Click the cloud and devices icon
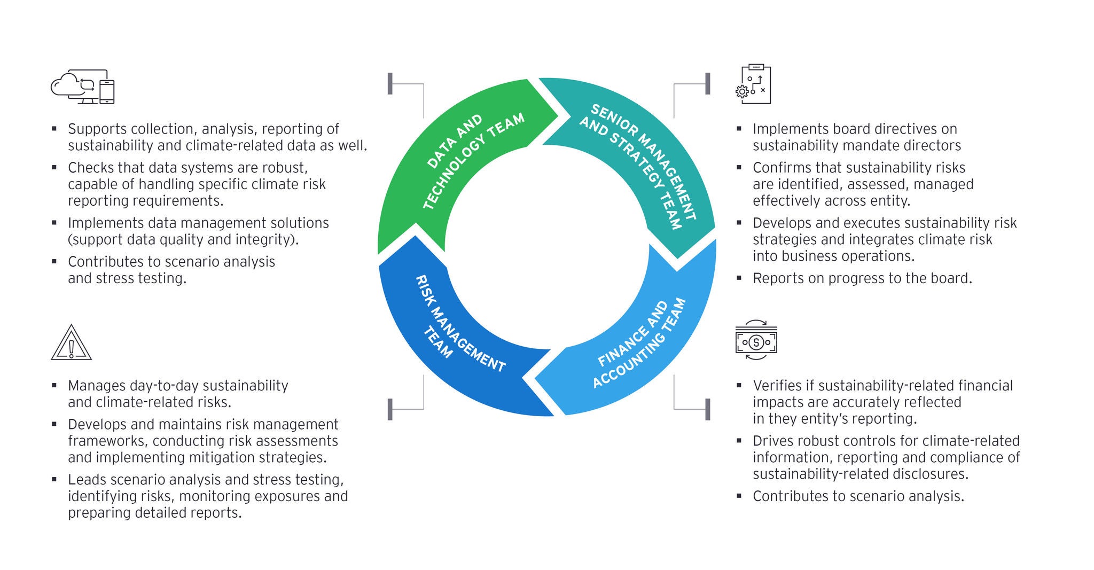point(83,87)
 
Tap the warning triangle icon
point(71,343)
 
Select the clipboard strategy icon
point(754,84)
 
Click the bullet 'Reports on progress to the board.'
point(862,278)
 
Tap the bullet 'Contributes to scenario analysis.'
point(858,496)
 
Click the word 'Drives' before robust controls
point(776,441)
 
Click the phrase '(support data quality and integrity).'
point(183,240)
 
